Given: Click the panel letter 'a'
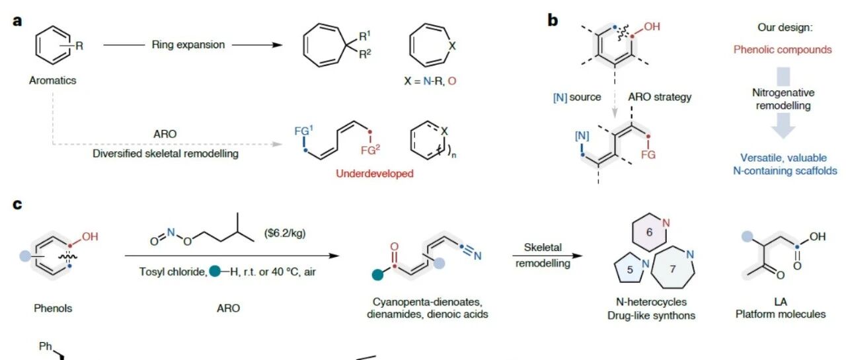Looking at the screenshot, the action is tap(17, 20).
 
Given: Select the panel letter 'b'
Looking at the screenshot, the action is tap(553, 20).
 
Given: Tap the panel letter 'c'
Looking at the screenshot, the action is tap(17, 204).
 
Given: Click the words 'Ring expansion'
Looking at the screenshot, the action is tap(188, 44).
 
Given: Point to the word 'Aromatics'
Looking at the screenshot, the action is tap(52, 81).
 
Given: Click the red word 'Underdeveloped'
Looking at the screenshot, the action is tap(375, 174).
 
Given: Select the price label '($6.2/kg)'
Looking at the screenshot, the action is tap(285, 233).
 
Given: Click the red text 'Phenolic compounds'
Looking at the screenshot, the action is tap(783, 50).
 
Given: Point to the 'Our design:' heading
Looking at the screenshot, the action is tap(785, 27).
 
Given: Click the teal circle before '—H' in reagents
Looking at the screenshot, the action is tap(215, 271).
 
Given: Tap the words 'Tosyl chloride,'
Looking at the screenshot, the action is tap(173, 271).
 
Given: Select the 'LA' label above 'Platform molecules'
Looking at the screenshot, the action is tap(781, 302).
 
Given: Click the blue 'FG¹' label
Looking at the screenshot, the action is tap(303, 131).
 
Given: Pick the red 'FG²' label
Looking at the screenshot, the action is tap(370, 150).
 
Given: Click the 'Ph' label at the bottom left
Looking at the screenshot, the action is tap(46, 346).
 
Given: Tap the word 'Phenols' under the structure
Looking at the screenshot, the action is tap(53, 308).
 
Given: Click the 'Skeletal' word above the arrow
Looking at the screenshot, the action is tap(543, 248).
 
